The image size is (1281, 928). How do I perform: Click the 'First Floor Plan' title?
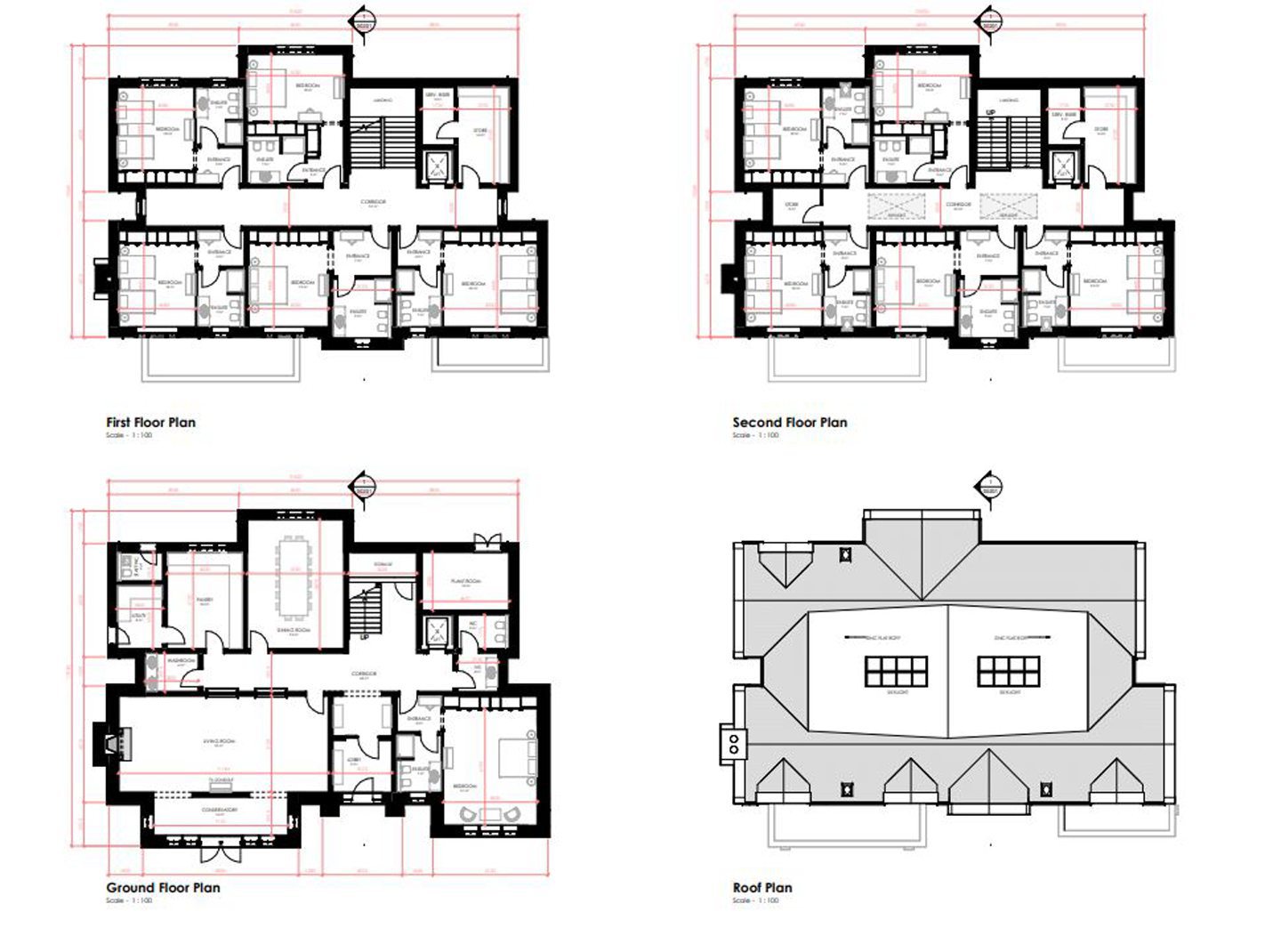(x=150, y=423)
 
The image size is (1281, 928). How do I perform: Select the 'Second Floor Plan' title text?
(x=789, y=423)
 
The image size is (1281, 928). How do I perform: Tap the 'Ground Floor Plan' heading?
(x=163, y=887)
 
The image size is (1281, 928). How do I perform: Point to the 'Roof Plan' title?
(x=761, y=887)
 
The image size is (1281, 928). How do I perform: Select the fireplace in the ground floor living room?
(x=114, y=742)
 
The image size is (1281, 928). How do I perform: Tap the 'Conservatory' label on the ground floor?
(x=218, y=811)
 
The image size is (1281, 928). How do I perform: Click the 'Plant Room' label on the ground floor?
(x=465, y=581)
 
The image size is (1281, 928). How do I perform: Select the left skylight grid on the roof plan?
(x=896, y=672)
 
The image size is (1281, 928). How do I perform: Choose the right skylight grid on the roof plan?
(x=1008, y=672)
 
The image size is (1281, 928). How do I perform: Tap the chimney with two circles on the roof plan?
(x=734, y=743)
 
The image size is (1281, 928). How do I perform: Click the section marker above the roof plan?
(x=987, y=488)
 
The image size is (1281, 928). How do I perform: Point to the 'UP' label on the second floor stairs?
(x=990, y=113)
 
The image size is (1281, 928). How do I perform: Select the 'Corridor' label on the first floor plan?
(x=373, y=203)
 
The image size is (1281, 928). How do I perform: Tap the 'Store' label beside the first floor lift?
(x=479, y=132)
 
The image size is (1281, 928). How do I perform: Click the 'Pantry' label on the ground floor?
(x=205, y=601)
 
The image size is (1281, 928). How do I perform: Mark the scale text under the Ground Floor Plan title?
(x=129, y=900)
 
